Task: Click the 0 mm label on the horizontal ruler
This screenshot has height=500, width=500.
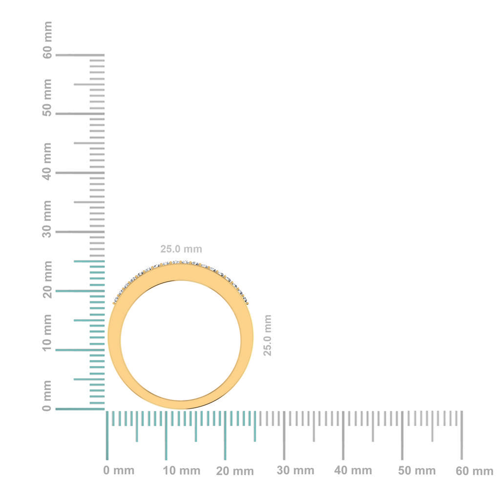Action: tap(119, 471)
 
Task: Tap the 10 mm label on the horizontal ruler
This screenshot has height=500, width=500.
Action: tap(182, 471)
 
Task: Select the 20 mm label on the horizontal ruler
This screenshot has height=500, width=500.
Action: tap(235, 471)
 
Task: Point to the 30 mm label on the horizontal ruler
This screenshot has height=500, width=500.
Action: tap(295, 471)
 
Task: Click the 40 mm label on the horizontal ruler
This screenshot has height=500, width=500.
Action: tap(353, 471)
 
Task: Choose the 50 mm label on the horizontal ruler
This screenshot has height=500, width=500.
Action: tap(417, 471)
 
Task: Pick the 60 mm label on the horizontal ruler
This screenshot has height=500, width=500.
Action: tap(475, 471)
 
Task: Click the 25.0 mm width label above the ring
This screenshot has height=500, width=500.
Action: tap(181, 249)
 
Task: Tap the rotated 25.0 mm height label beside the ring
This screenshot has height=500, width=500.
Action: tap(268, 335)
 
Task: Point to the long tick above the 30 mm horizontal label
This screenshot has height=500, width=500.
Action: tap(284, 435)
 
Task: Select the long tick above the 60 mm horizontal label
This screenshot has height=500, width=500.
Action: tap(461, 435)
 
